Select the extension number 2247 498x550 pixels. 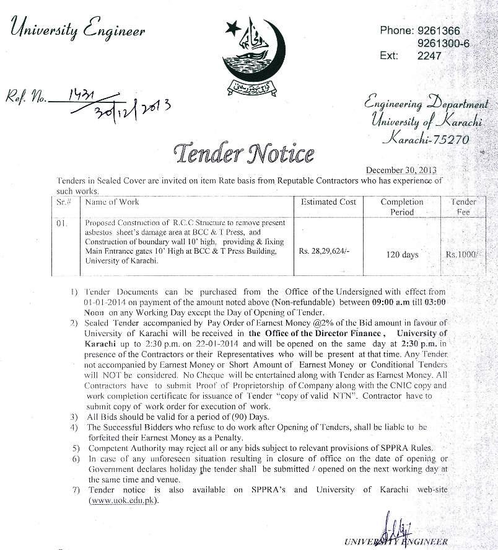[x=429, y=56]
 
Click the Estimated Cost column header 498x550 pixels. [x=328, y=202]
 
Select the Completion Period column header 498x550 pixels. [x=401, y=207]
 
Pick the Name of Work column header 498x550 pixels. [x=112, y=202]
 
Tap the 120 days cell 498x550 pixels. [x=402, y=254]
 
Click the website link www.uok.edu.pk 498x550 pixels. [x=123, y=500]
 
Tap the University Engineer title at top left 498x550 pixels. [x=78, y=30]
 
